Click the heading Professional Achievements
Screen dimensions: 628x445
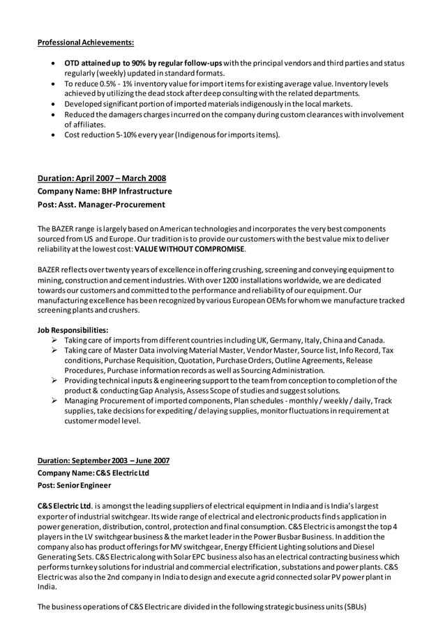click(x=86, y=42)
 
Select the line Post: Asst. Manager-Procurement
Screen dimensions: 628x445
click(x=101, y=205)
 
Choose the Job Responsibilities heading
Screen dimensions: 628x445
click(x=73, y=329)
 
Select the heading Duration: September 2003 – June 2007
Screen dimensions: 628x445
click(x=103, y=461)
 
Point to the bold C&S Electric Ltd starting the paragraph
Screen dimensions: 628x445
click(x=64, y=505)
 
